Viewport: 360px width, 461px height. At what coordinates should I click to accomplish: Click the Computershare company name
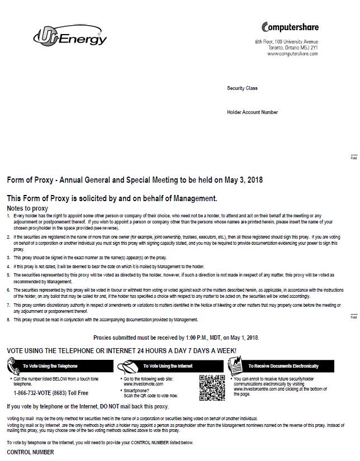pyautogui.click(x=290, y=27)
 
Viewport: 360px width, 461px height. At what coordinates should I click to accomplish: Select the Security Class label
pyautogui.click(x=242, y=88)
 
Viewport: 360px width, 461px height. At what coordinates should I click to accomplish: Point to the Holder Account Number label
pyautogui.click(x=252, y=112)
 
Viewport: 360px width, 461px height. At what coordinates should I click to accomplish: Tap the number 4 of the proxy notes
pyautogui.click(x=8, y=267)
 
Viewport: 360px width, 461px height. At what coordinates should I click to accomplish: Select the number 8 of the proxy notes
pyautogui.click(x=8, y=320)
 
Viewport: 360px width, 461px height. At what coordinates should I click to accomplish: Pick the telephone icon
pyautogui.click(x=14, y=367)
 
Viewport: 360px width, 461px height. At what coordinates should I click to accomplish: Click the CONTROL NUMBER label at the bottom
pyautogui.click(x=30, y=452)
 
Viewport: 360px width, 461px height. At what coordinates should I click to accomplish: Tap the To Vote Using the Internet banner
pyautogui.click(x=167, y=366)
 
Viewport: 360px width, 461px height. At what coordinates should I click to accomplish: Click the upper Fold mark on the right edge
pyautogui.click(x=353, y=158)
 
